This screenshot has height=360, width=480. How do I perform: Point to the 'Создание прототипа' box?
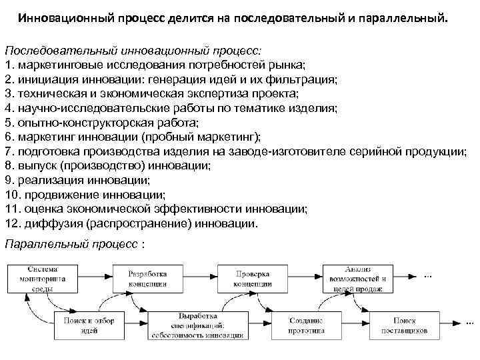(x=306, y=325)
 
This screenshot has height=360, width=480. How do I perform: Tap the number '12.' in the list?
(x=13, y=224)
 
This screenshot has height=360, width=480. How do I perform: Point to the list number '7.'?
(x=9, y=151)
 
